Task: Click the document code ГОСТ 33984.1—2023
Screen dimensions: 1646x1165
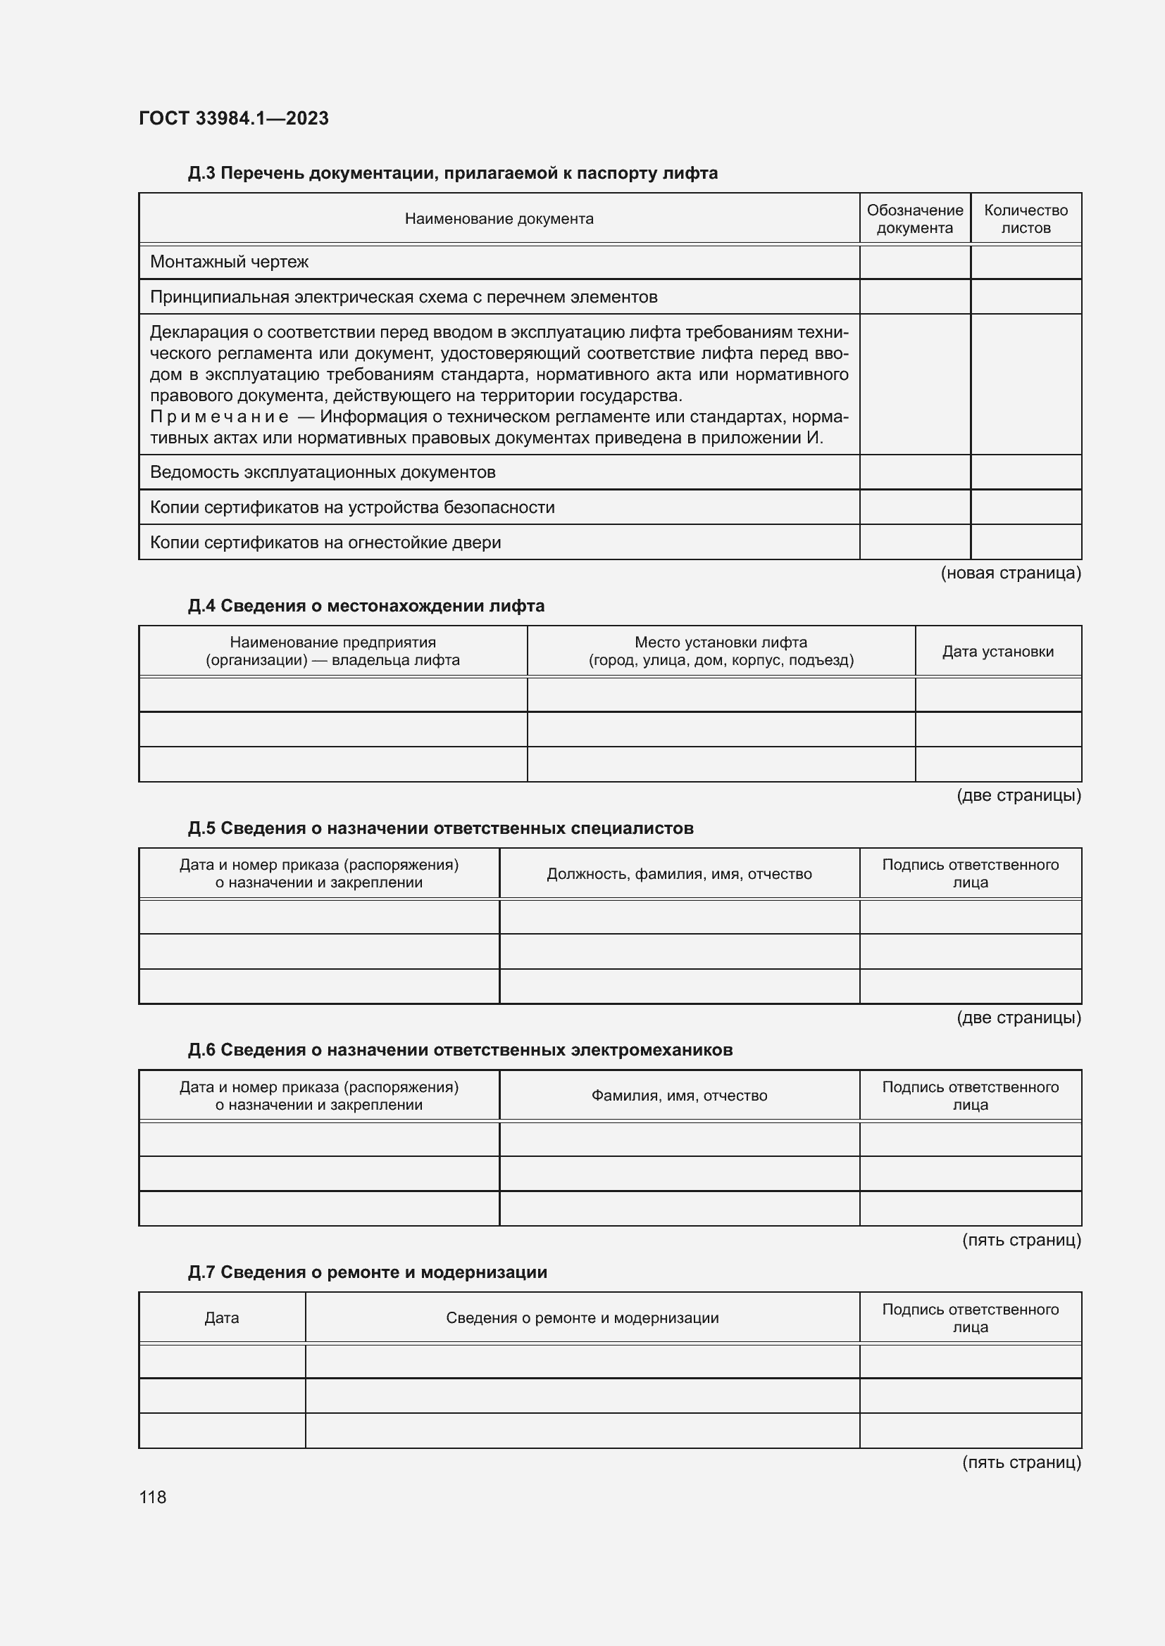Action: click(x=233, y=118)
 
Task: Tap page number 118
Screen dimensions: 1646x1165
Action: click(x=153, y=1497)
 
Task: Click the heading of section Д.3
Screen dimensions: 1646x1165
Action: click(x=452, y=173)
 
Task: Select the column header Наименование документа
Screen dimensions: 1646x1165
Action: click(x=499, y=219)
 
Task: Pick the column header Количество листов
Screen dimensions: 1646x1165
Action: click(x=1025, y=219)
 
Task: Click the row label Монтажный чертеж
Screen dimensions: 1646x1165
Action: click(x=229, y=262)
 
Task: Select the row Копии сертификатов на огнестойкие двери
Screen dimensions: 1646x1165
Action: click(x=325, y=542)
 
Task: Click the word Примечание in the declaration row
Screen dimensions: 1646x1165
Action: click(x=219, y=417)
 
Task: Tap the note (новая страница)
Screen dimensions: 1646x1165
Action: click(x=1010, y=572)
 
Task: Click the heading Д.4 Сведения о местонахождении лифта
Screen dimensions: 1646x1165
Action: click(x=366, y=606)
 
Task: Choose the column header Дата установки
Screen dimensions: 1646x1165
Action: click(x=997, y=651)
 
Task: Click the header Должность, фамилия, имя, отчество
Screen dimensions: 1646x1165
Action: click(x=678, y=873)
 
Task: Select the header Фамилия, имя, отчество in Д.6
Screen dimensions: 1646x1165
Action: click(x=678, y=1095)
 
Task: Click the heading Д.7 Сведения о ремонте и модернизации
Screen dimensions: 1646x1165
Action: click(x=367, y=1272)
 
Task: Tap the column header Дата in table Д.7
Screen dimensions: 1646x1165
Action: click(x=222, y=1317)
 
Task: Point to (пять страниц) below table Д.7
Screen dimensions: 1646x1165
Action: click(x=1021, y=1462)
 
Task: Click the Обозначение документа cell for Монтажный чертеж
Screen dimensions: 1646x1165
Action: click(x=915, y=262)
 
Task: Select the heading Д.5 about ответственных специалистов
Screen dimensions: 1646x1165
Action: click(x=440, y=828)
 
